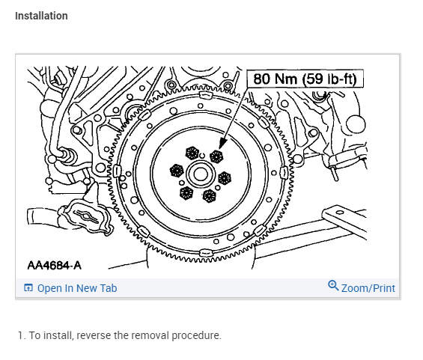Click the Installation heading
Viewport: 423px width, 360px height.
41,16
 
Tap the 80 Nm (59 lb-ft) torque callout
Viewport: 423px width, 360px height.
305,79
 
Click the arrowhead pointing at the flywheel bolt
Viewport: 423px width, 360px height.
222,143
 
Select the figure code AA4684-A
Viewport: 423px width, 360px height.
54,266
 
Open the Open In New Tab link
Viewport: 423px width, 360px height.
77,288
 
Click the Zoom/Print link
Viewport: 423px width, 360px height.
368,288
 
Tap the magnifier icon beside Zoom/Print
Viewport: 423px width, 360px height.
333,286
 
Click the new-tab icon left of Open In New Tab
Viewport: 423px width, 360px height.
28,287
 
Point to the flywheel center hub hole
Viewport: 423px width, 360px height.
201,174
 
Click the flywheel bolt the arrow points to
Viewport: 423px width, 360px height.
216,156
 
